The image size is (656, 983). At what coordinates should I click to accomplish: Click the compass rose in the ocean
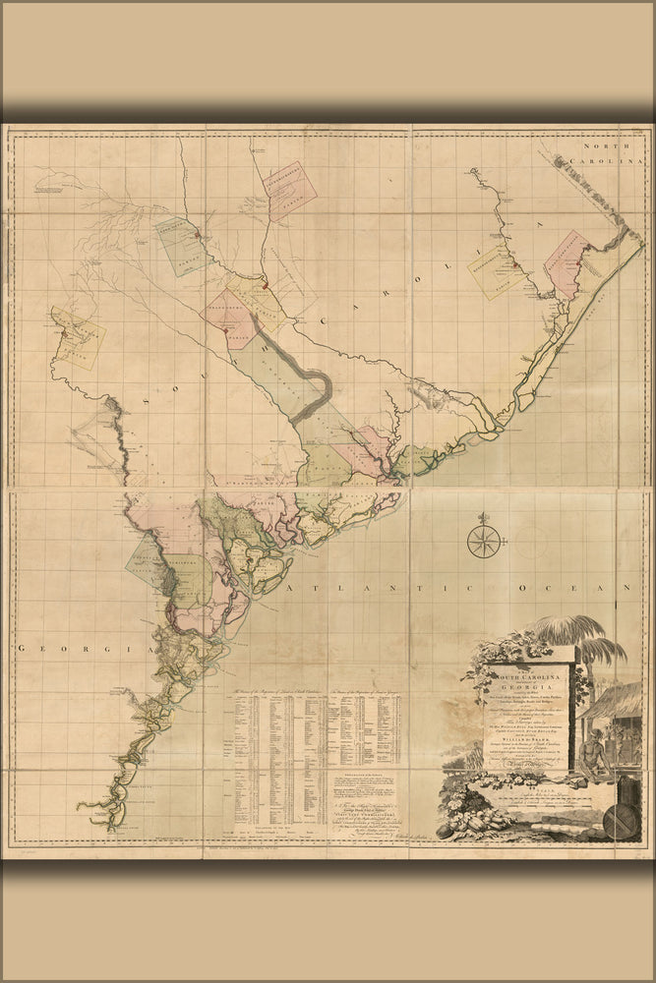coord(483,541)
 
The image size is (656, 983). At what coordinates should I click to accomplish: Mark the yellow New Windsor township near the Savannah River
coord(78,337)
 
